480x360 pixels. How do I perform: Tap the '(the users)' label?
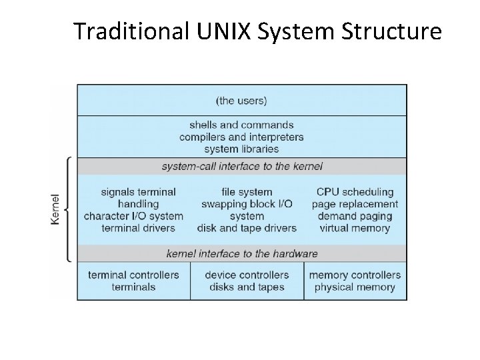pos(241,101)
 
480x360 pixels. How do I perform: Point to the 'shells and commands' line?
pos(241,125)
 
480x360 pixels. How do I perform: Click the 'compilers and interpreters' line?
pos(241,137)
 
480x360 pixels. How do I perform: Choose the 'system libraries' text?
pos(241,149)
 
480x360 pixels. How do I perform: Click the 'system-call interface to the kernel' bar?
pos(241,165)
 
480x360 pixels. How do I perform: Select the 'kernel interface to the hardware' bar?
pos(241,253)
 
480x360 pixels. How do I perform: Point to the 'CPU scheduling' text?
pos(355,192)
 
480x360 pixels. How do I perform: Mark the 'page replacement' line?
pos(355,204)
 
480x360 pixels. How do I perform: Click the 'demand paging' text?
pos(355,216)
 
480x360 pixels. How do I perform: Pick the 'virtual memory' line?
pos(355,228)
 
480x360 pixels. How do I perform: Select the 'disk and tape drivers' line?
pos(247,228)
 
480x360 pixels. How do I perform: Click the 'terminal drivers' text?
pos(138,228)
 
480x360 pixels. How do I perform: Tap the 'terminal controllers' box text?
pos(133,275)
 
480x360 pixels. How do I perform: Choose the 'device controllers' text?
pos(247,275)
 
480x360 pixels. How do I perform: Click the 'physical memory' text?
pos(355,287)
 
